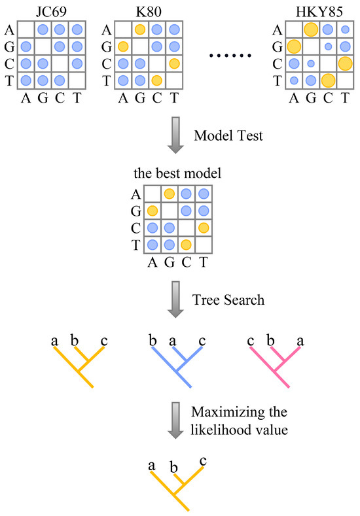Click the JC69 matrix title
coord(50,10)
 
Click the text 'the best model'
coord(177,174)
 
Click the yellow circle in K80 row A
coord(139,29)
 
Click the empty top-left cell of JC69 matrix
coord(25,29)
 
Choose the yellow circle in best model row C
coord(204,227)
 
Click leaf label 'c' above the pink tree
coord(251,340)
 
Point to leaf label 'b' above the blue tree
coord(153,340)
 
